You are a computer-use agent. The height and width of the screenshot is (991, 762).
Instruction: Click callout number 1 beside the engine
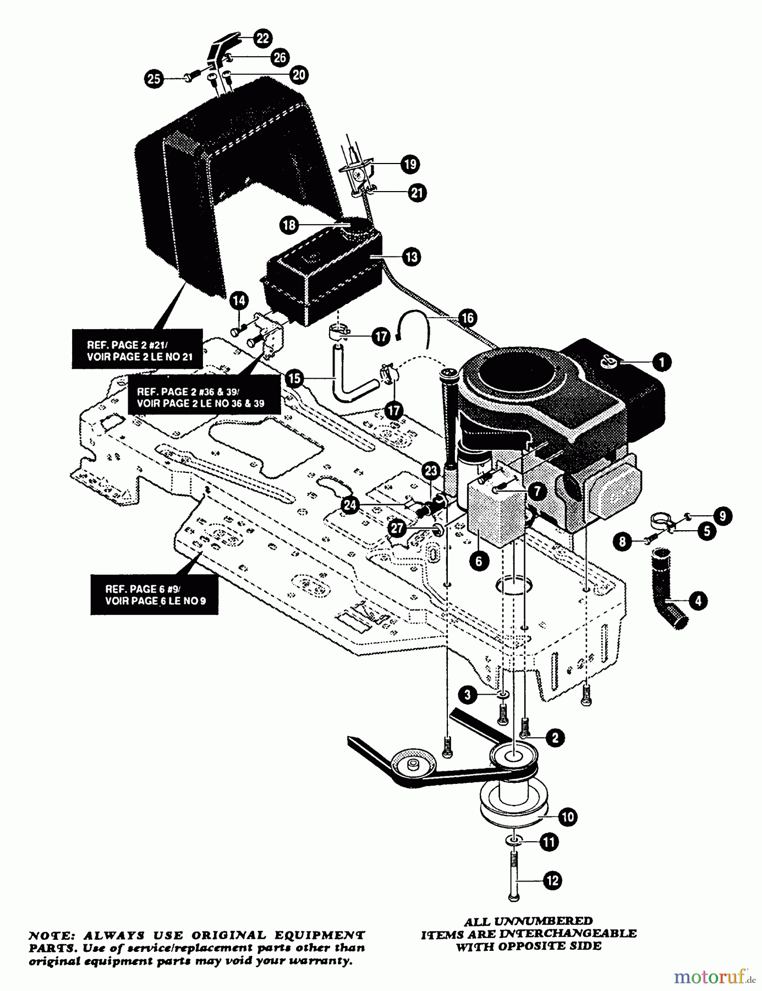pyautogui.click(x=661, y=362)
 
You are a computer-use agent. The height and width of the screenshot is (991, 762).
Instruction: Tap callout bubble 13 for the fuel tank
pyautogui.click(x=411, y=256)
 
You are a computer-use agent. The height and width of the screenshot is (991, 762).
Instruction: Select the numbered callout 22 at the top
pyautogui.click(x=263, y=38)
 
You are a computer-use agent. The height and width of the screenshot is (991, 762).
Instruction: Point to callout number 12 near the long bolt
pyautogui.click(x=553, y=880)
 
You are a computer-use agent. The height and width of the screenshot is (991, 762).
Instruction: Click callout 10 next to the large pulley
pyautogui.click(x=568, y=816)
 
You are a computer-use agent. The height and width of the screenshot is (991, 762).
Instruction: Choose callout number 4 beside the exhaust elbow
pyautogui.click(x=698, y=601)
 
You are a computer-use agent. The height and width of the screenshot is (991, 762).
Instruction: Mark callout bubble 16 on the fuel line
pyautogui.click(x=467, y=318)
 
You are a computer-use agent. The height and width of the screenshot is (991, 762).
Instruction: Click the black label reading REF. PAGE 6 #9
pyautogui.click(x=155, y=595)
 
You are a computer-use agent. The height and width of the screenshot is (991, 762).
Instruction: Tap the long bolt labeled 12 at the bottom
pyautogui.click(x=513, y=875)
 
